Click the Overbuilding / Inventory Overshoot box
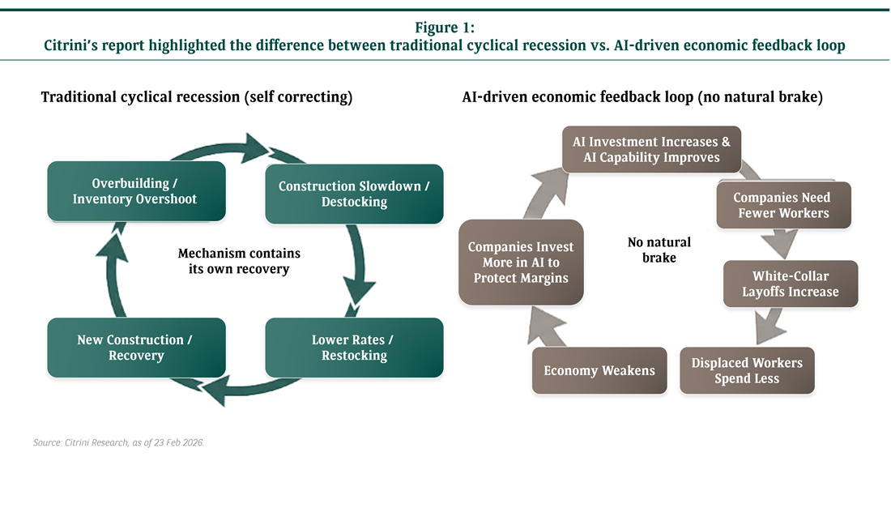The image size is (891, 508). click(134, 191)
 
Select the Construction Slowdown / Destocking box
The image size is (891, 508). click(354, 194)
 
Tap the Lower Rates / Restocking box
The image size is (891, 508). click(354, 348)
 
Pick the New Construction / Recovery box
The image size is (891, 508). click(134, 348)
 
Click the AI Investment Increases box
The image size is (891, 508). click(651, 149)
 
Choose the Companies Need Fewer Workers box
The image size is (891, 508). click(783, 205)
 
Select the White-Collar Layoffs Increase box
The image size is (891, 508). click(790, 284)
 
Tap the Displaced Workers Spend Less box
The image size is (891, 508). click(746, 370)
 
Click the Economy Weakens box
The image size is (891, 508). click(599, 370)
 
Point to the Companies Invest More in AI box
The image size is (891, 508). click(520, 262)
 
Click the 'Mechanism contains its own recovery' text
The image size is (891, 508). click(239, 261)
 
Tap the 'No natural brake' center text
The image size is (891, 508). click(659, 250)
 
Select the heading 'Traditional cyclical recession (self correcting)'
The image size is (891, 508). click(197, 97)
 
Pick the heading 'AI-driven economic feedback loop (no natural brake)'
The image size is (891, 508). click(642, 97)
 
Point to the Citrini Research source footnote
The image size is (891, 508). click(118, 442)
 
